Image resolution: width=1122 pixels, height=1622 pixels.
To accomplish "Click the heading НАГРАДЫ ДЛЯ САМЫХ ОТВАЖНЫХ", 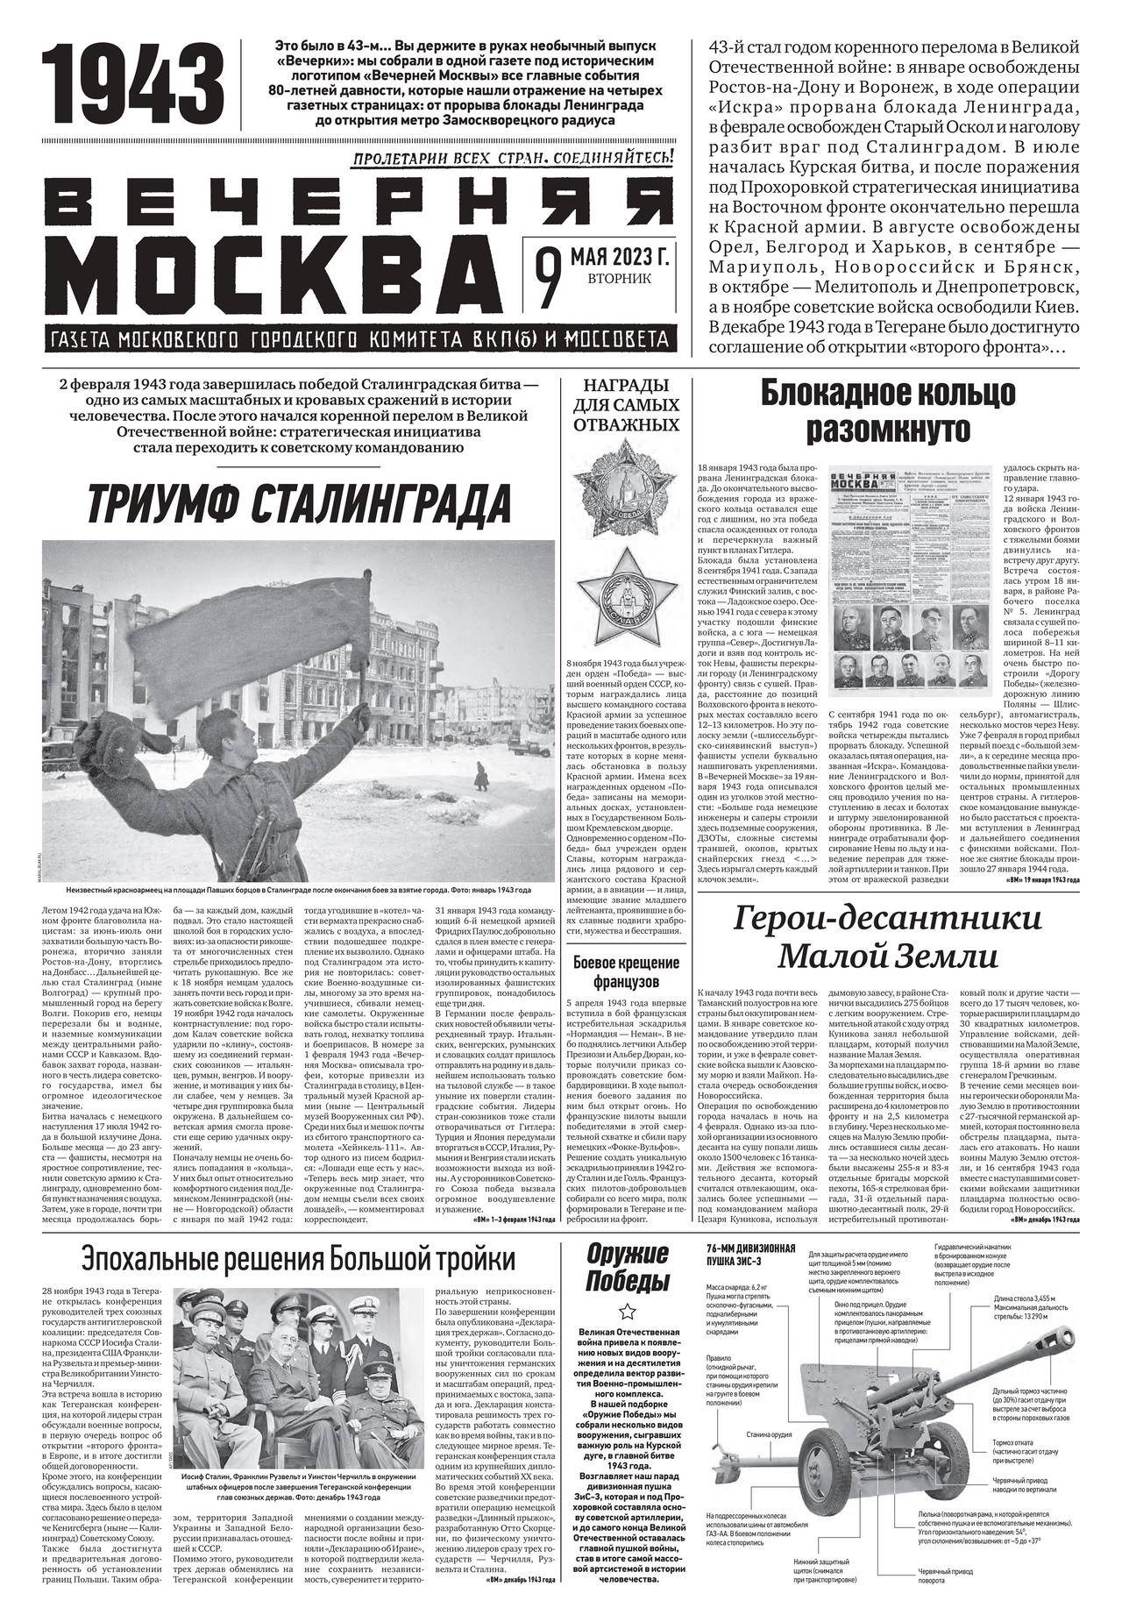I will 626,405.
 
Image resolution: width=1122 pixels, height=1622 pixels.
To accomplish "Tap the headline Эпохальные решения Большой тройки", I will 298,1259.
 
